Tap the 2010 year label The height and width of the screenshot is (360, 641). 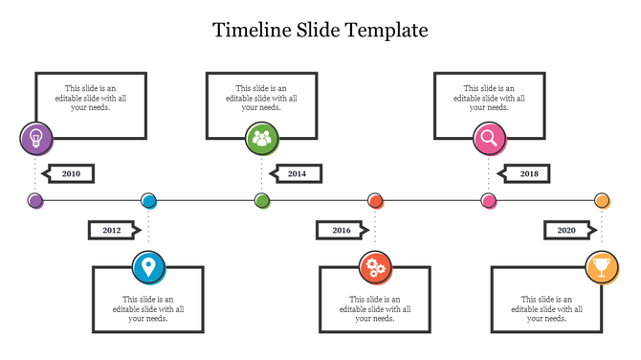click(x=71, y=174)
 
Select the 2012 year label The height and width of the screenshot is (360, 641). click(x=112, y=231)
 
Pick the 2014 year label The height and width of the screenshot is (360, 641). click(x=298, y=174)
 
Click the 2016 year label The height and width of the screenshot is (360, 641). click(x=342, y=231)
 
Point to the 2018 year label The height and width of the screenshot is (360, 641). click(x=529, y=174)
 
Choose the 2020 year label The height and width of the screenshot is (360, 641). click(x=566, y=231)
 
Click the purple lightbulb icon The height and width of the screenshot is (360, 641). click(x=35, y=138)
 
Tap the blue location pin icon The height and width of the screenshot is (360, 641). click(x=147, y=267)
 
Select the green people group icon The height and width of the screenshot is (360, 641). click(x=261, y=138)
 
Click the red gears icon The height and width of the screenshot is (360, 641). click(x=375, y=267)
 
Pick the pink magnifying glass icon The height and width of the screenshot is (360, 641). click(x=489, y=138)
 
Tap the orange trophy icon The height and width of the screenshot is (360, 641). click(x=602, y=267)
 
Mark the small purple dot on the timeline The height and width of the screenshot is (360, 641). click(x=35, y=201)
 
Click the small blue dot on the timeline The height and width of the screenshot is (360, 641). click(x=148, y=201)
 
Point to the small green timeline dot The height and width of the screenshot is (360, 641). click(x=262, y=201)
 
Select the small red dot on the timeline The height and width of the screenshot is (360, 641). click(x=376, y=201)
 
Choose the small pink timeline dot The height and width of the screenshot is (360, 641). click(x=489, y=201)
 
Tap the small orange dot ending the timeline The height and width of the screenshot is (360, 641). click(x=602, y=201)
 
